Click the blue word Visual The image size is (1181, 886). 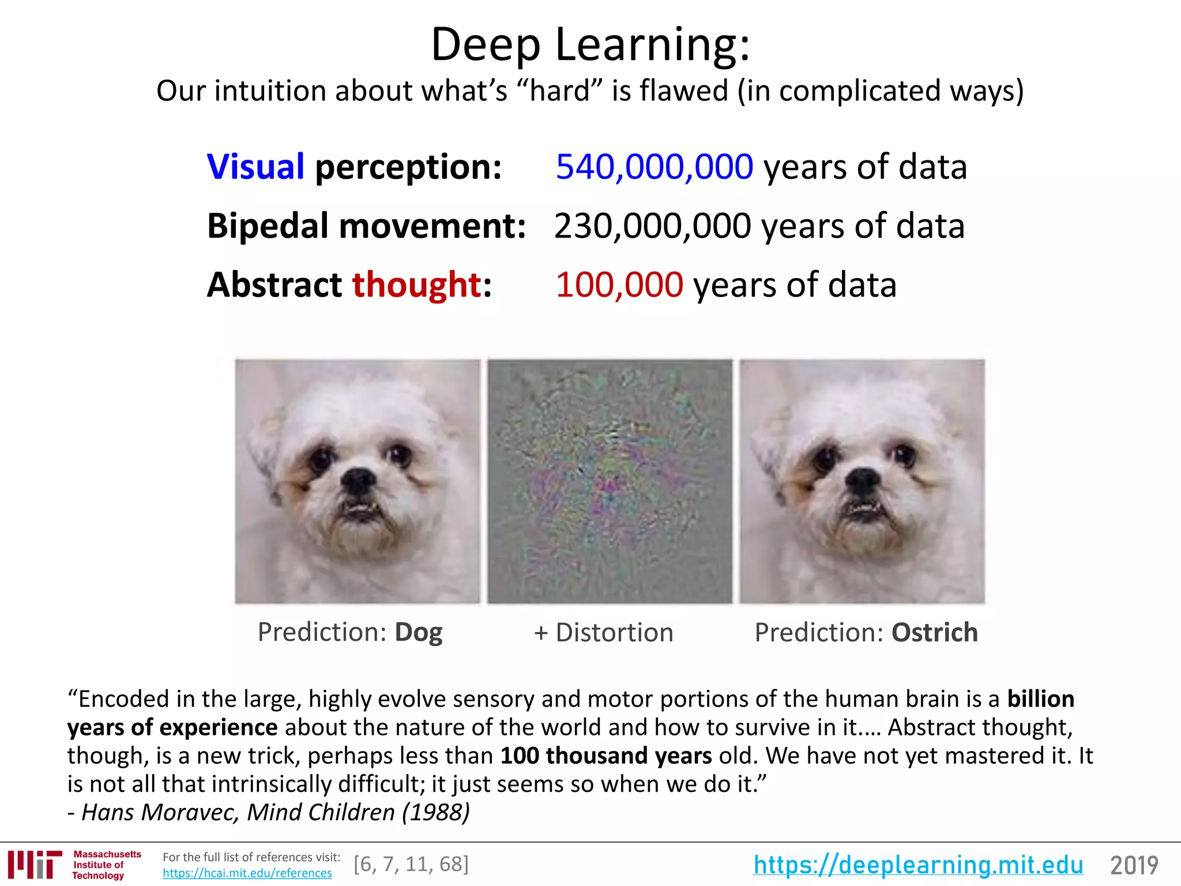[x=255, y=167]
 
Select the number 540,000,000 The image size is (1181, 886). [x=654, y=167]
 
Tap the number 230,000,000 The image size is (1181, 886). [x=652, y=226]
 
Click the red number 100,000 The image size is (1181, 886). [x=619, y=284]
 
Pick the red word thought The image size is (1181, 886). [x=417, y=284]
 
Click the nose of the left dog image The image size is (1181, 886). [x=358, y=479]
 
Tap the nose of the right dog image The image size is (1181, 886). [x=863, y=479]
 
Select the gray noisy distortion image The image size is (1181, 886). [x=610, y=481]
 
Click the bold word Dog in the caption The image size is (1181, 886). [x=419, y=632]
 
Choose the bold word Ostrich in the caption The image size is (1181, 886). [x=934, y=632]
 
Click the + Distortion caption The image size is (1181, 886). [x=603, y=632]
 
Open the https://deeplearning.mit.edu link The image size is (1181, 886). [x=918, y=865]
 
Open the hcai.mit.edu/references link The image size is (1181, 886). [x=247, y=873]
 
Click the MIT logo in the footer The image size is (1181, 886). [x=35, y=864]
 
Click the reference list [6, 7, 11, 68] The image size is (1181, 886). [x=411, y=864]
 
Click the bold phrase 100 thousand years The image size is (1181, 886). [x=606, y=756]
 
